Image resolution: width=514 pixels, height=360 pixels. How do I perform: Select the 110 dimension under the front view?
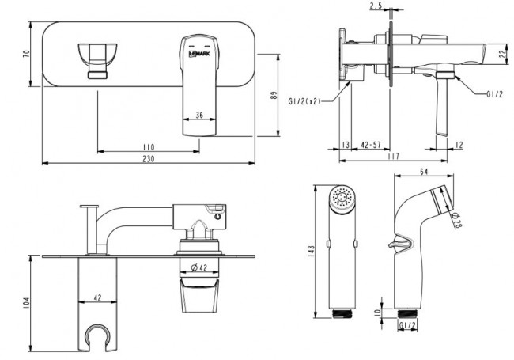[149, 146]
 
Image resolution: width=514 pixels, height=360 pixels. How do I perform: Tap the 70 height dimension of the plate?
[26, 54]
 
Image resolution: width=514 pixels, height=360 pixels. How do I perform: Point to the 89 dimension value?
[274, 95]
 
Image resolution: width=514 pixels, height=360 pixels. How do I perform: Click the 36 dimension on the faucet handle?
[199, 115]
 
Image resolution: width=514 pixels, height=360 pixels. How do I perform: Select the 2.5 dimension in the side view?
[376, 6]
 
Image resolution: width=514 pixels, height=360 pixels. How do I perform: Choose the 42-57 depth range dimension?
[371, 146]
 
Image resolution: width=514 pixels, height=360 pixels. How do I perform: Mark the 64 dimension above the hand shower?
[423, 170]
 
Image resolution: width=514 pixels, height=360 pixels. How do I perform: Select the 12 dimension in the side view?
[459, 146]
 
